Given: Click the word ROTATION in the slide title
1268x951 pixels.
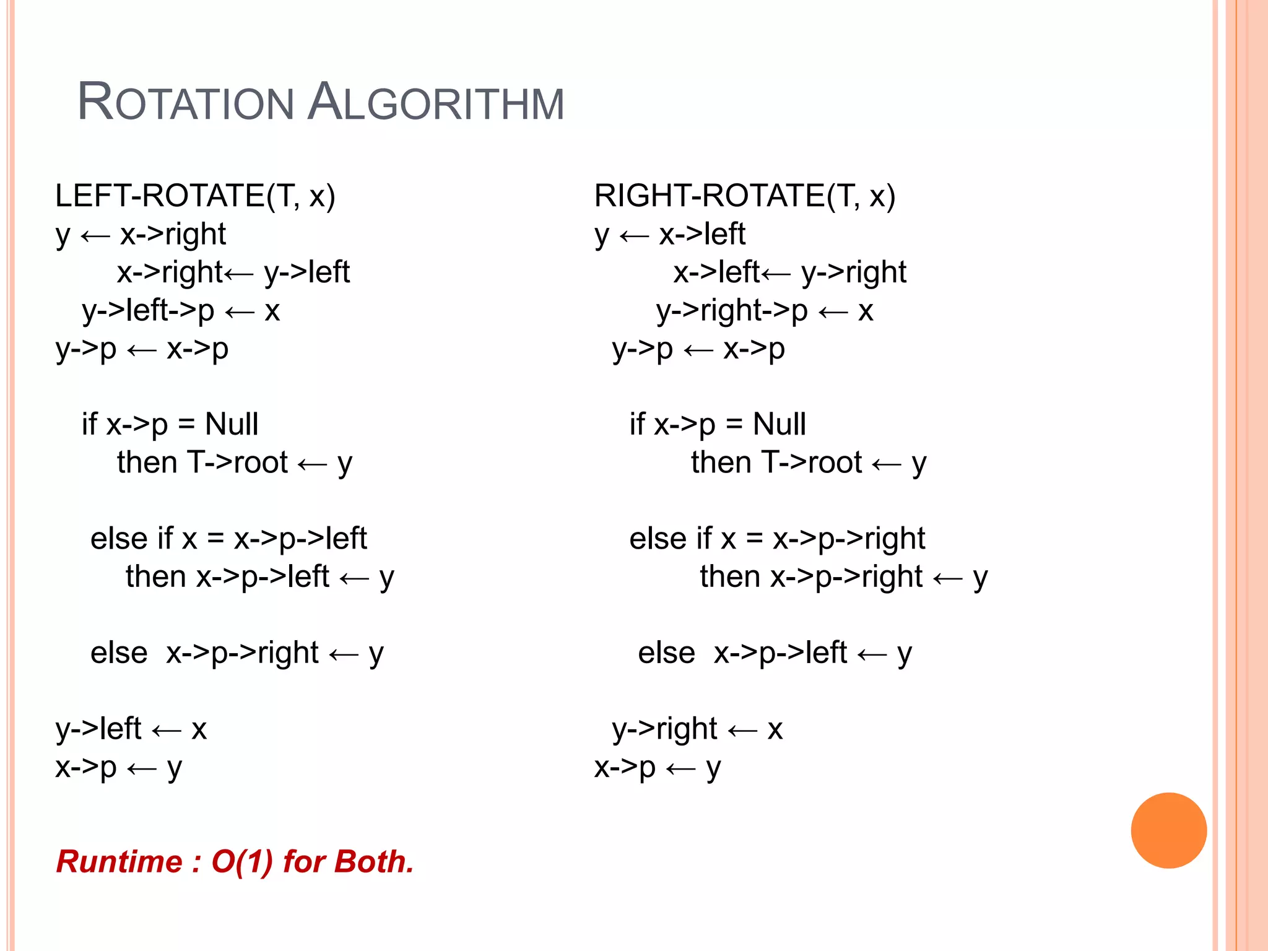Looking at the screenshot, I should coord(185,102).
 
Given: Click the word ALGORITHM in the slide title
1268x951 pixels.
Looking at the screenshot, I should coord(436,102).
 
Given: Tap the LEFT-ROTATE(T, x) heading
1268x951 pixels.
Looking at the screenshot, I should coord(195,196).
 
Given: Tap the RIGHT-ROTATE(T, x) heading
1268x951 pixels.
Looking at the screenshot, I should coord(745,196).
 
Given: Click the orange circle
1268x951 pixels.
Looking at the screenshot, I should coord(1168,830).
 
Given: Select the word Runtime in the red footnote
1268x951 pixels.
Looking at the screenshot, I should coord(119,862).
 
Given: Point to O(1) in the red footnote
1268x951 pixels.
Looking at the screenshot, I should coord(242,862).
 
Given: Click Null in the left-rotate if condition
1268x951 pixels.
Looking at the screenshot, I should coord(232,425).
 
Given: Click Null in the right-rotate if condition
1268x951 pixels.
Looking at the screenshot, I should coord(779,425).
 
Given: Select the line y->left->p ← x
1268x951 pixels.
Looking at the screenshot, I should coord(181,311).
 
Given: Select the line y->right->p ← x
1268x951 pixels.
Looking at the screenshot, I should coord(765,311).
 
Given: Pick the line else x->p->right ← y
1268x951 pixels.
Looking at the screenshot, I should coord(237,654).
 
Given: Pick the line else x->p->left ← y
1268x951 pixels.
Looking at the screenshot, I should coord(775,654).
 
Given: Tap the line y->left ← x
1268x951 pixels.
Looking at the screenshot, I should coord(131,729).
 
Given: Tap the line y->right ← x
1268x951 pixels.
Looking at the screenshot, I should coord(697,729).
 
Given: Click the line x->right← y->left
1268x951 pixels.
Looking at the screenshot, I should coord(233,273).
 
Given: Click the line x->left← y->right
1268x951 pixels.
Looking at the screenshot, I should coord(789,273).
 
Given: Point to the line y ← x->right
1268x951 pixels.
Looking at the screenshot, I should coord(141,235).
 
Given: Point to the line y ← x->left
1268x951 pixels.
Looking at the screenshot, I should coord(670,235).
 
